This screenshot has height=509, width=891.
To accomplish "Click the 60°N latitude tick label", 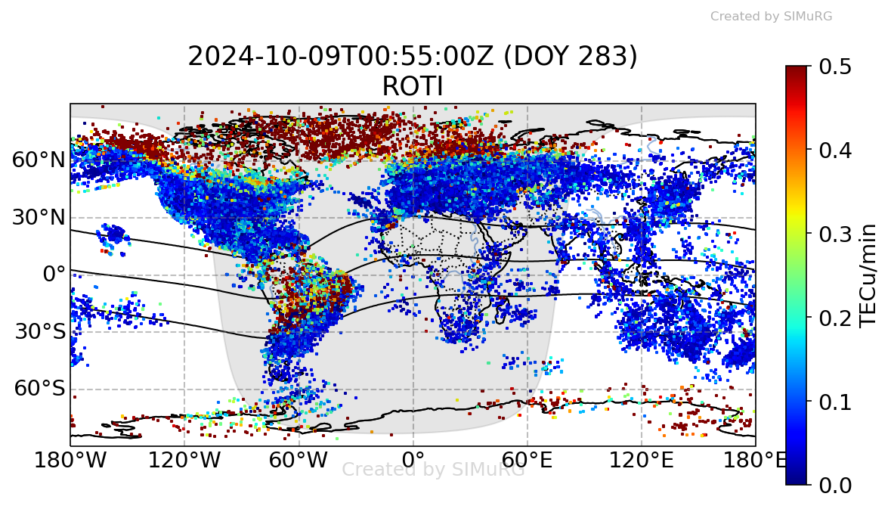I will pos(39,160).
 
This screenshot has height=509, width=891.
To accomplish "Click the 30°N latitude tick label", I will pos(39,218).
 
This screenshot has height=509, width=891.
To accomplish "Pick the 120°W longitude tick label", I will pos(184,459).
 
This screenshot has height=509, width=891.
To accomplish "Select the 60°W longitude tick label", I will pos(299,459).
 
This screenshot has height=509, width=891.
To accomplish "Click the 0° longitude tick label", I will pos(413,459).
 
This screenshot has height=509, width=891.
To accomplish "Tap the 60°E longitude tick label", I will pos(527,459).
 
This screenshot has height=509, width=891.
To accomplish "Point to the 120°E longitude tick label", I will pos(641,459).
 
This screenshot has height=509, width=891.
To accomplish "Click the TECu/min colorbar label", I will pos(870,275).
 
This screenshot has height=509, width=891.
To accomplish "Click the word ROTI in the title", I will pos(413,87).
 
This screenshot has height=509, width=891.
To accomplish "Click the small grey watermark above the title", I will pos(771,16).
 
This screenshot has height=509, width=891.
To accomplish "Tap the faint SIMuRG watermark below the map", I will pos(433,470).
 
